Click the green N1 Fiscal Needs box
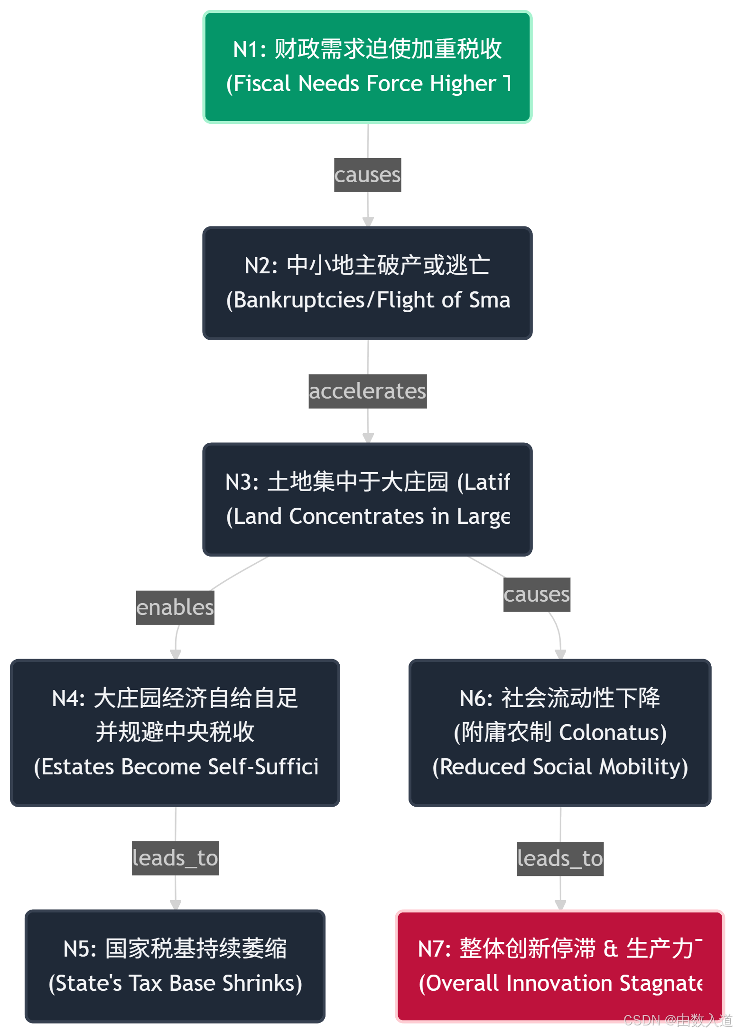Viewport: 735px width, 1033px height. (367, 67)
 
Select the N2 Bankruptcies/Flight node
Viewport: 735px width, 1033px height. (367, 283)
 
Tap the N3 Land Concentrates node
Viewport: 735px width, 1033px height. (367, 499)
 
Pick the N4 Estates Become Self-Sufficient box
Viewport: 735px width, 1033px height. (175, 733)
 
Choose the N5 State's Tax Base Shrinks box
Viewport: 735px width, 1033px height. (175, 966)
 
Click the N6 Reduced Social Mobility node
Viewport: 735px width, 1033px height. (560, 733)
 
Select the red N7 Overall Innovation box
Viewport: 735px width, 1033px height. (560, 966)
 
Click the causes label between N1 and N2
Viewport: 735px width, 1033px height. (367, 175)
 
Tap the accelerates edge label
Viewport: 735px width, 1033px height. (367, 391)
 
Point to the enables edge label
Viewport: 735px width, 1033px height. (175, 608)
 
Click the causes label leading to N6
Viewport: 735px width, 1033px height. (537, 595)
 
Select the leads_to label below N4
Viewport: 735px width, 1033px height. (175, 858)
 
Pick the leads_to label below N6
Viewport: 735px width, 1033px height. (560, 859)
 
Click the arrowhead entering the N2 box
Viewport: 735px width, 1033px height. (368, 222)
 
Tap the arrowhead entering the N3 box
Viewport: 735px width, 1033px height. (368, 438)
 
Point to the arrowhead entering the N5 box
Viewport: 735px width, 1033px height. (176, 904)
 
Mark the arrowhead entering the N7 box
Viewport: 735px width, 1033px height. (560, 904)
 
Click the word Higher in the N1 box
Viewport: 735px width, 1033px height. (463, 84)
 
